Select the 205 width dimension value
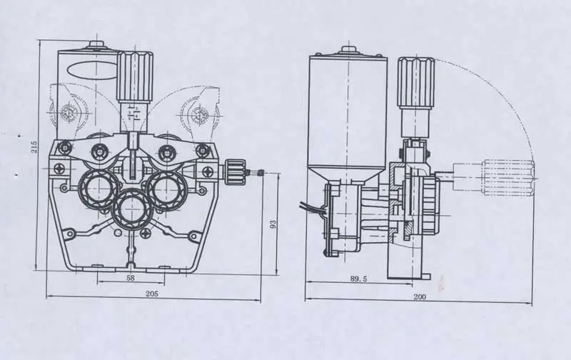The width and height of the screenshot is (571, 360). click(151, 293)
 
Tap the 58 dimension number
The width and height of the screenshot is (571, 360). click(130, 277)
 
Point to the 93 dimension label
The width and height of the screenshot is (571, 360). click(273, 225)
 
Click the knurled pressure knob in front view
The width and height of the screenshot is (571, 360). click(134, 77)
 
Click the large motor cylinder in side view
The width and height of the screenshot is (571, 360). click(347, 114)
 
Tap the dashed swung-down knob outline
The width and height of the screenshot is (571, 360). click(508, 177)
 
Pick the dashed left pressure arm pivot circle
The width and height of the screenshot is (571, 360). click(69, 112)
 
